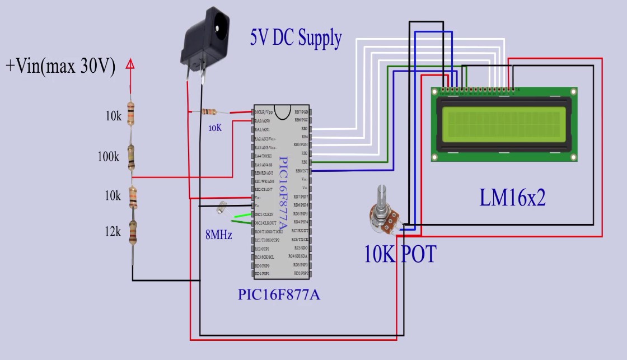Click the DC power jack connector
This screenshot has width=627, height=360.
[204, 39]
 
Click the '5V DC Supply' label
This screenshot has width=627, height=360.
[296, 38]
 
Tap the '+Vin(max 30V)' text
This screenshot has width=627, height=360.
[60, 66]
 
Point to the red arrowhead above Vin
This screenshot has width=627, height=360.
[130, 64]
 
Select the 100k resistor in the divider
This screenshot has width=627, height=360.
[131, 157]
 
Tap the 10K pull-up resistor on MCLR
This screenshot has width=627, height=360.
[210, 111]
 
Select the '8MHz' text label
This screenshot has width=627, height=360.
[218, 235]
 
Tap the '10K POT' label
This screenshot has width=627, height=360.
[400, 255]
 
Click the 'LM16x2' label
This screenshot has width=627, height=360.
[512, 198]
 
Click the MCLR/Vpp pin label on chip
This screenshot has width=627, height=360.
[264, 112]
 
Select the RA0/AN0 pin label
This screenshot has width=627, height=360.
[262, 120]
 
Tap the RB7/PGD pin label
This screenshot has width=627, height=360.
[301, 112]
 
